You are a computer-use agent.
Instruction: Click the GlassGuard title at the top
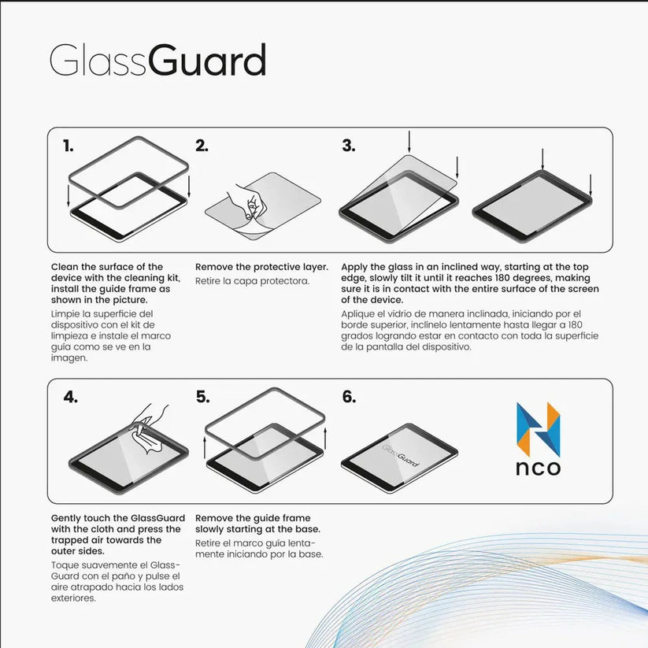click(157, 61)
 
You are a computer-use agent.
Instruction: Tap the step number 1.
click(69, 146)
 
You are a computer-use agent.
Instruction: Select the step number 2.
click(202, 146)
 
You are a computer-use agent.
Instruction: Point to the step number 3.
click(348, 146)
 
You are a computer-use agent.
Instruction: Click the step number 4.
click(70, 397)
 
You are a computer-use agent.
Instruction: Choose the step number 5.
click(202, 397)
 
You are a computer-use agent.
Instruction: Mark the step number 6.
click(349, 397)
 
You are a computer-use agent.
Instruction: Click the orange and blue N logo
click(538, 429)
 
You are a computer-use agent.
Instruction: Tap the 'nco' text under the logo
click(538, 468)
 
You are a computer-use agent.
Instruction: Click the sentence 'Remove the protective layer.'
click(261, 267)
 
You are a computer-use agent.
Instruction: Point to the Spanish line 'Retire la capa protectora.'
click(252, 281)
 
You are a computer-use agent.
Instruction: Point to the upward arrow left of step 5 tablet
click(205, 446)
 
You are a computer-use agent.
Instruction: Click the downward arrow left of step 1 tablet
click(69, 195)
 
